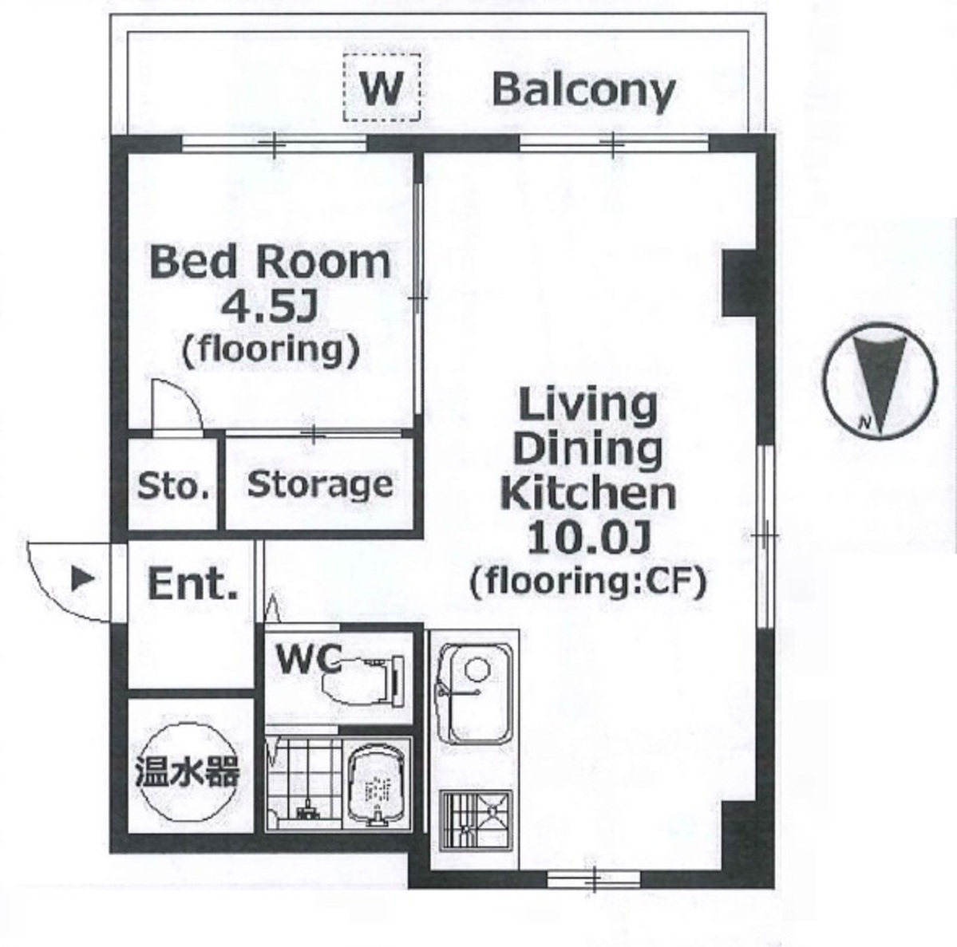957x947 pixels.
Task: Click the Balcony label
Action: tap(583, 90)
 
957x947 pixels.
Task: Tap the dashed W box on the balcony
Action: tap(382, 87)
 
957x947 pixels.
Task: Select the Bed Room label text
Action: tap(270, 262)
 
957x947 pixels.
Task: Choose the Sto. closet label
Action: tap(173, 487)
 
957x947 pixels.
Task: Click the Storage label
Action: tap(320, 485)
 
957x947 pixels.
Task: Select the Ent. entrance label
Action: tap(193, 584)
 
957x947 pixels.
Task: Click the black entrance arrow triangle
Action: tap(83, 578)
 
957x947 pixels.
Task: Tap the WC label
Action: tap(308, 658)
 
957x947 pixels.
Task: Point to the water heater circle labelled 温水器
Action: tap(187, 771)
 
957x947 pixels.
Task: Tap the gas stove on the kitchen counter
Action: tap(476, 820)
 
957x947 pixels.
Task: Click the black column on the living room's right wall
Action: tap(740, 283)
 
